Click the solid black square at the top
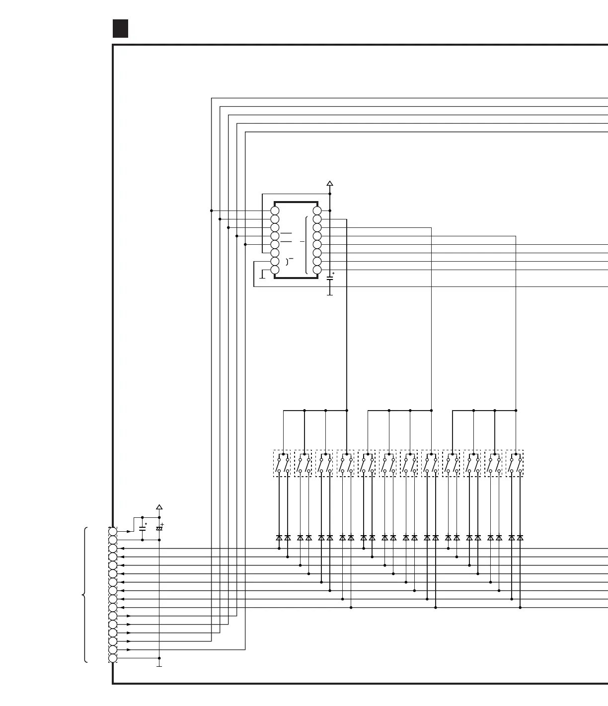[x=120, y=28]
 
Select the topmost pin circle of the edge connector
[x=113, y=532]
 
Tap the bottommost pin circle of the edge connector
[x=113, y=658]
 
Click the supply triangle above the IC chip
[x=329, y=184]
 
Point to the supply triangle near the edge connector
[x=159, y=507]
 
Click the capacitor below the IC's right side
[x=329, y=279]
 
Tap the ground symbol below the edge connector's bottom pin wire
[x=159, y=665]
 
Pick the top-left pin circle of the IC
[x=275, y=211]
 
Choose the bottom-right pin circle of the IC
[x=317, y=270]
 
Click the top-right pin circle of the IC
[x=317, y=211]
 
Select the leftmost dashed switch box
[x=282, y=464]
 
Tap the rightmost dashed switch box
[x=515, y=464]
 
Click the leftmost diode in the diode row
[x=279, y=538]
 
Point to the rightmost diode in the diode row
[x=520, y=538]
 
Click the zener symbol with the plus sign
[x=159, y=528]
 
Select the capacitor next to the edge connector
[x=143, y=528]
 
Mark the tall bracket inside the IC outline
[x=306, y=245]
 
